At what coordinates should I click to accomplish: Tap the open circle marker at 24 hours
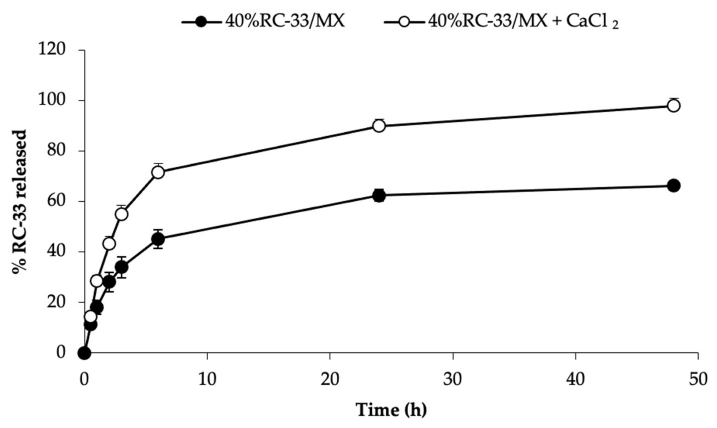[379, 126]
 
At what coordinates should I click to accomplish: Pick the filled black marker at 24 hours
[379, 196]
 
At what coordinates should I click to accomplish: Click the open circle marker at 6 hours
[158, 173]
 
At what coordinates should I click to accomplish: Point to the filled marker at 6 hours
[158, 239]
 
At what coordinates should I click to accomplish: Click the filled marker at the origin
[84, 352]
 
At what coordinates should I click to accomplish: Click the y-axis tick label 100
[52, 100]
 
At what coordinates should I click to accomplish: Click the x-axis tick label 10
[207, 380]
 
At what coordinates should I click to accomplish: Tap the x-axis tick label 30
[453, 380]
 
